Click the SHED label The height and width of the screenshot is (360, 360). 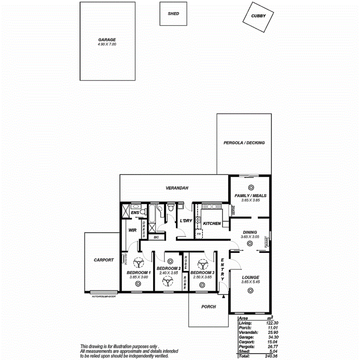[173, 14]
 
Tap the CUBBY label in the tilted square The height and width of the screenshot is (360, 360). [258, 16]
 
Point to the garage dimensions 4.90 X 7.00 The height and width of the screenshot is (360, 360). [107, 45]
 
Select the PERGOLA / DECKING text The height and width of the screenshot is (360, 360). [244, 143]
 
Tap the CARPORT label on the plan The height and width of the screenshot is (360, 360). [104, 260]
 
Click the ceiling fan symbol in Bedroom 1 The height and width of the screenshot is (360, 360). [138, 264]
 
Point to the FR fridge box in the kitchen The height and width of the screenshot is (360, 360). [198, 234]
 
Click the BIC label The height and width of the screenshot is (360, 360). [156, 236]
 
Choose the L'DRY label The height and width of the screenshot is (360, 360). [186, 221]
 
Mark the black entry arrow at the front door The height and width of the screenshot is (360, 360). [224, 296]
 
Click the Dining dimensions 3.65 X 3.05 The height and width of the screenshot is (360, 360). [250, 237]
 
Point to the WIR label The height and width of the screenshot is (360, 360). [132, 230]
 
